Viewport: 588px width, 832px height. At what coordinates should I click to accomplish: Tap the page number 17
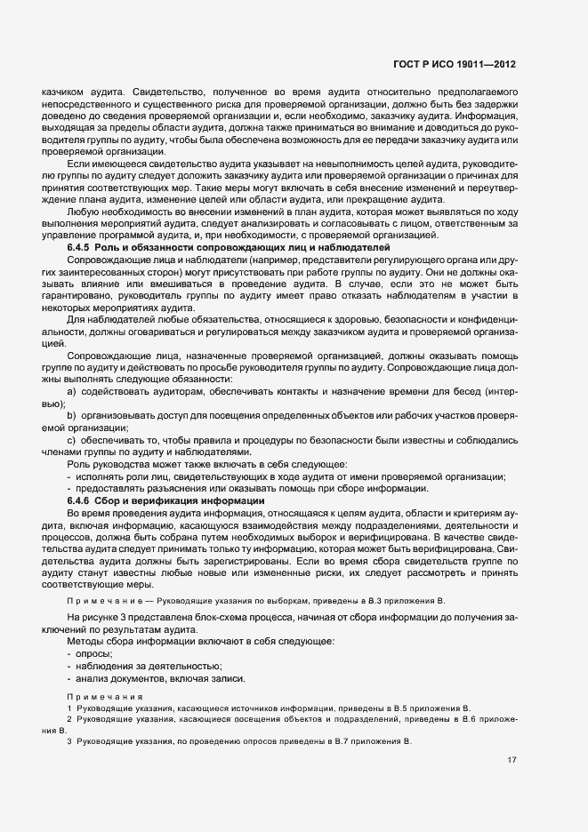point(511,760)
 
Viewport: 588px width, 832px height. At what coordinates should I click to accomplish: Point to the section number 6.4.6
point(80,501)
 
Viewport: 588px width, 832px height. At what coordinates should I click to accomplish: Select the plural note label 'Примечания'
point(101,696)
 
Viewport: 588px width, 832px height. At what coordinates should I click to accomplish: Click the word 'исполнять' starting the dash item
point(100,477)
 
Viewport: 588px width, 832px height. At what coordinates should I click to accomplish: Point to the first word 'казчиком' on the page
point(54,92)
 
